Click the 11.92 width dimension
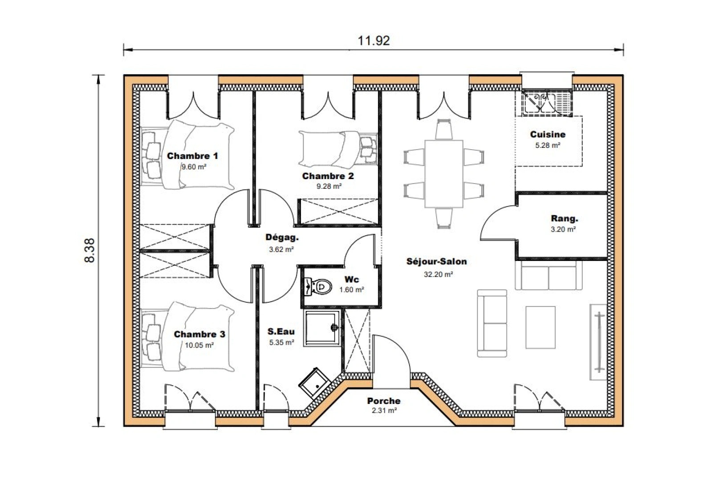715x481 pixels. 374,41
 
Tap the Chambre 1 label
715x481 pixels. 192,156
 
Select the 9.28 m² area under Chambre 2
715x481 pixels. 329,186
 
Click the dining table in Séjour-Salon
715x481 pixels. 443,174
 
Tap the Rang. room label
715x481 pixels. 564,219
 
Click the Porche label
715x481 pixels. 383,401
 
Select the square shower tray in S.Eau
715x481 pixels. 322,328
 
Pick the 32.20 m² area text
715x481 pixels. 438,274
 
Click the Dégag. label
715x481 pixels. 282,237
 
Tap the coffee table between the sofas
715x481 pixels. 540,327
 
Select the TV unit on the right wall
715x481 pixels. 598,342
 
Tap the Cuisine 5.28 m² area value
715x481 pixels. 547,145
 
